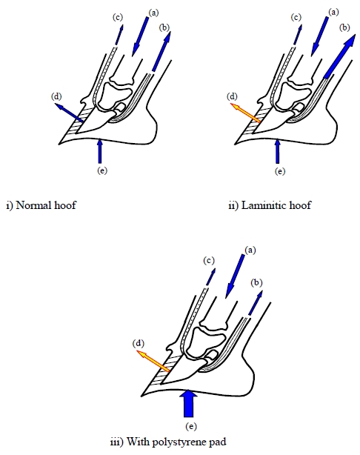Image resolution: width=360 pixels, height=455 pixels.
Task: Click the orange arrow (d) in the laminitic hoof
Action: click(244, 113)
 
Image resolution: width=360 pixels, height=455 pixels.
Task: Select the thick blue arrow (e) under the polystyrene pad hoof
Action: click(189, 403)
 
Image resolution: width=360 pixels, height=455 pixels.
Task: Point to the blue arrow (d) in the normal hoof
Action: click(69, 112)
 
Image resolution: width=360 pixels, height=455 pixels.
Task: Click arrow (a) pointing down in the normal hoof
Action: click(141, 36)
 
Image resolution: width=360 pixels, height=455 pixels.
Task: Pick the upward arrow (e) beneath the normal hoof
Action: click(100, 151)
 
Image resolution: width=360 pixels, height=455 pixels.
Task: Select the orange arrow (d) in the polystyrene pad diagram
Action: click(153, 361)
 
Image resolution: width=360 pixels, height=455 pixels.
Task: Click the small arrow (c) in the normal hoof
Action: click(119, 35)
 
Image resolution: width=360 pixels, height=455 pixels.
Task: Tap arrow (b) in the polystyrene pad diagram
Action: click(256, 303)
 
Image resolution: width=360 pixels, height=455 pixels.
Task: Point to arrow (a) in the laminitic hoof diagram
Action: click(320, 36)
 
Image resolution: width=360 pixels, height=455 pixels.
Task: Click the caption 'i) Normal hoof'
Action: click(41, 205)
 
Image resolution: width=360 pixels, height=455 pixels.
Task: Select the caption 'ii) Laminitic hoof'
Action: click(270, 205)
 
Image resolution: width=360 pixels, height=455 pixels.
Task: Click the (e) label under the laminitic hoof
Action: click(280, 171)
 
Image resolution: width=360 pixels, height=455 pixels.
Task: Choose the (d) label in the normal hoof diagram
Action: click(56, 96)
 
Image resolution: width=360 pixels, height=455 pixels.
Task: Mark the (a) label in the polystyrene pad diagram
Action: click(250, 250)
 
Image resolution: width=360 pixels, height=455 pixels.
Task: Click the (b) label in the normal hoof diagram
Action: click(164, 27)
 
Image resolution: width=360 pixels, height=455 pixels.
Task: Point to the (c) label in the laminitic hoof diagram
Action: click(296, 17)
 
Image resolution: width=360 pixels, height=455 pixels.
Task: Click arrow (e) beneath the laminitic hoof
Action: click(278, 151)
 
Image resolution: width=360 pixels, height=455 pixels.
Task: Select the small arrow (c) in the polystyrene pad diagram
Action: click(210, 277)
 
